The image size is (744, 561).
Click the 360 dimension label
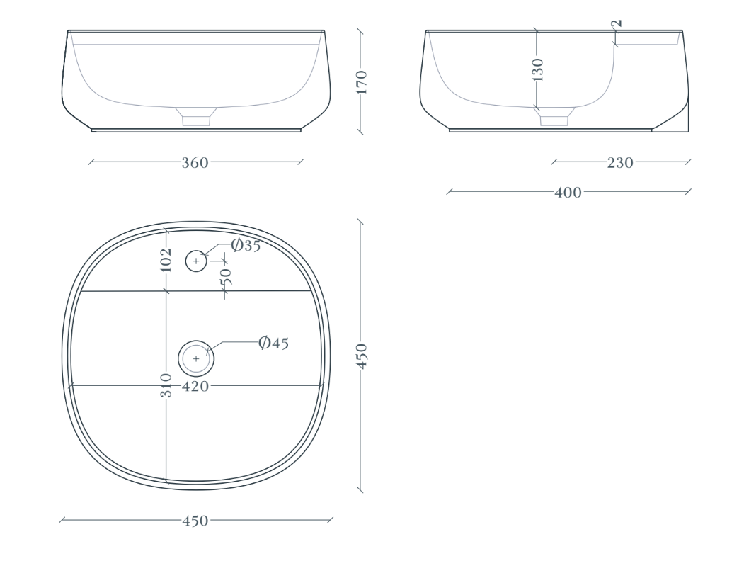195,163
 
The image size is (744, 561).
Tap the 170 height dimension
362,82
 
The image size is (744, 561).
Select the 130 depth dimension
537,69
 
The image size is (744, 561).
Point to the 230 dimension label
620,163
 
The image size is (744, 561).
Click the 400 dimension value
568,192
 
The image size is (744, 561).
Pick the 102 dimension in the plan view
166,260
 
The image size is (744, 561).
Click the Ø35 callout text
246,245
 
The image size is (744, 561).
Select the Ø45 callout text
274,343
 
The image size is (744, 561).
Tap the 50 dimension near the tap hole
226,276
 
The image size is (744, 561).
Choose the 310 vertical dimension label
166,385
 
